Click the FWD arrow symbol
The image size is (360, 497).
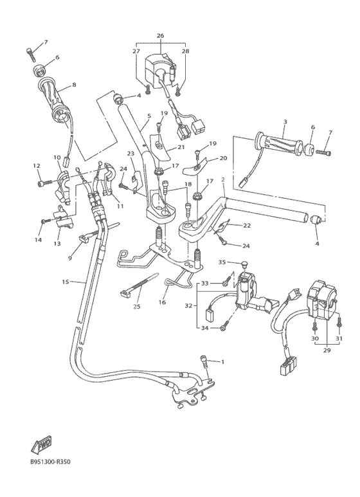pyautogui.click(x=41, y=445)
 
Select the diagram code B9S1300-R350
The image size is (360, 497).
pyautogui.click(x=50, y=462)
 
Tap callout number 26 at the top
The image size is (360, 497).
pyautogui.click(x=160, y=35)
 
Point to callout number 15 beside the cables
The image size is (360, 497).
pyautogui.click(x=66, y=282)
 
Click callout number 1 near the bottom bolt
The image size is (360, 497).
pyautogui.click(x=222, y=361)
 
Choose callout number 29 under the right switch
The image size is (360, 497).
pyautogui.click(x=327, y=350)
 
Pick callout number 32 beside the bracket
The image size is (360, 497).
pyautogui.click(x=189, y=306)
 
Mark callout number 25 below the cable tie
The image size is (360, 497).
pyautogui.click(x=136, y=307)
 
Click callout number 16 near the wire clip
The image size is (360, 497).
pyautogui.click(x=162, y=302)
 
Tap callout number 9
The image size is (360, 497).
pyautogui.click(x=69, y=258)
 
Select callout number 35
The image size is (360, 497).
pyautogui.click(x=222, y=262)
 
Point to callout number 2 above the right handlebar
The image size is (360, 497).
pyautogui.click(x=223, y=180)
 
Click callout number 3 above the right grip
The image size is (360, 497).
pyautogui.click(x=285, y=122)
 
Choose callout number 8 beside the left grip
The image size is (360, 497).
pyautogui.click(x=74, y=85)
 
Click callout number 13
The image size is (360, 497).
pyautogui.click(x=57, y=244)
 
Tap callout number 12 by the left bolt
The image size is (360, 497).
pyautogui.click(x=37, y=165)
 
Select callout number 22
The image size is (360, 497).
pyautogui.click(x=247, y=226)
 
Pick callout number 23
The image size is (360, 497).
pyautogui.click(x=131, y=154)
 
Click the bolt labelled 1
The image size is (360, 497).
pyautogui.click(x=204, y=361)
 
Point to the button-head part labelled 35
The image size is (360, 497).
pyautogui.click(x=244, y=264)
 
